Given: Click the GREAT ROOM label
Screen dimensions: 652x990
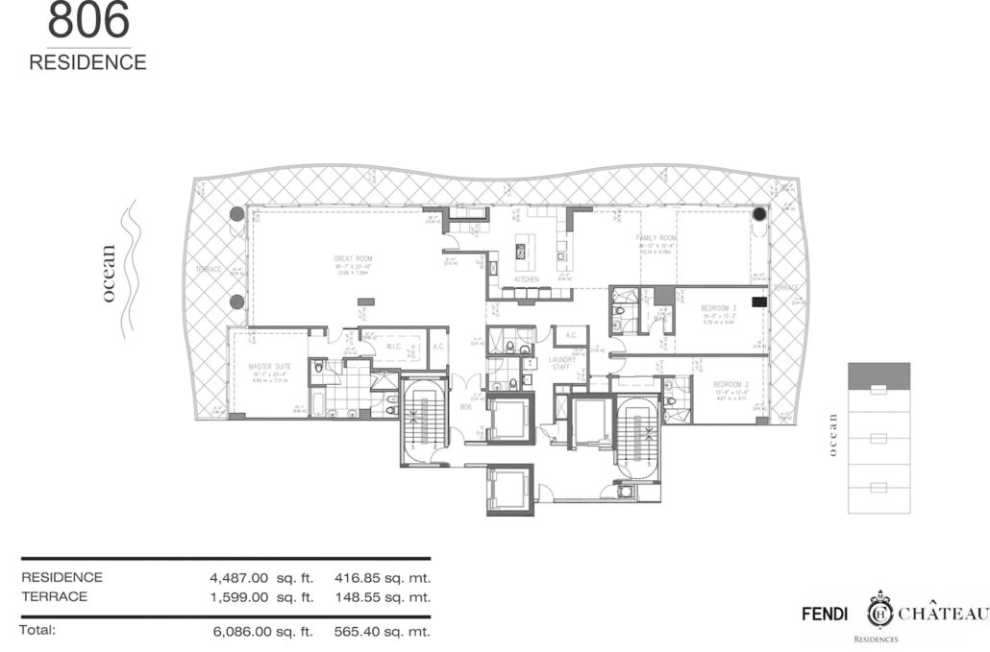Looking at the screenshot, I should pos(352,258).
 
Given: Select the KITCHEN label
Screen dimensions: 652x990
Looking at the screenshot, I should pos(526,279).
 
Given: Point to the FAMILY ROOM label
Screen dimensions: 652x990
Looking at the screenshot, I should pos(657,237).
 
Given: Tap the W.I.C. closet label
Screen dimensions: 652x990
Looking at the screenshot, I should pos(394,347).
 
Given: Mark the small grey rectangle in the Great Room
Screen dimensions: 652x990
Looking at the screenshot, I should pos(365,302).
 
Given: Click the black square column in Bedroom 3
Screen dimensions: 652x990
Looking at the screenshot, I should pos(758,302).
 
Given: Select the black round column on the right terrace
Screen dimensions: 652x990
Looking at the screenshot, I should pos(759,212).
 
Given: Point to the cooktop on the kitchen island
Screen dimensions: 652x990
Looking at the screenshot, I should pos(521,253).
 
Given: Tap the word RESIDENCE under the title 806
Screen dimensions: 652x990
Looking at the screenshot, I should pos(87,63).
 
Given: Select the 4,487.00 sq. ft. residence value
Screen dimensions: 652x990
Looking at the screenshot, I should pos(255,578).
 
